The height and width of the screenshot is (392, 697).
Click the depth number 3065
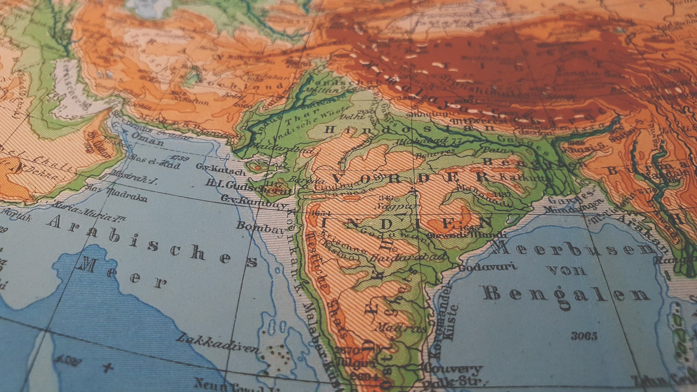(x=584, y=336)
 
